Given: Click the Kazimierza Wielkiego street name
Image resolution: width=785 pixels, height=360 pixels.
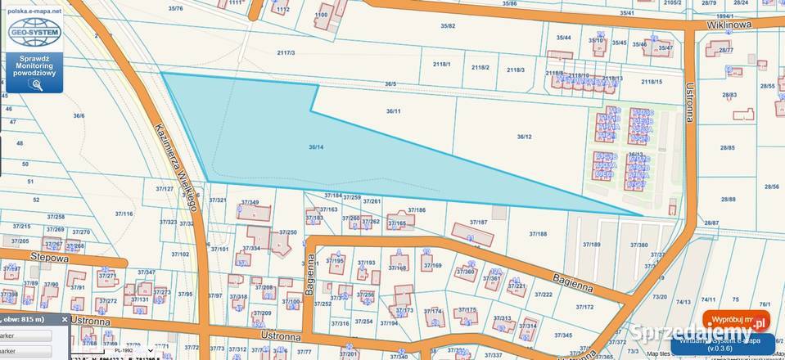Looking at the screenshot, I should (x=173, y=160).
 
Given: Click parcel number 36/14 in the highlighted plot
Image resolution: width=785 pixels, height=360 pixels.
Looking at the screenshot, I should (x=317, y=147).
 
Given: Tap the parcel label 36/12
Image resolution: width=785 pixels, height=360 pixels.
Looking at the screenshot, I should (x=525, y=137).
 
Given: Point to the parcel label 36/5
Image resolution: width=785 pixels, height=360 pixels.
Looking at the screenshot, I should (x=390, y=83).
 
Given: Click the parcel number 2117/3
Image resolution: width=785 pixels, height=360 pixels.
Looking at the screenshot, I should (x=286, y=52).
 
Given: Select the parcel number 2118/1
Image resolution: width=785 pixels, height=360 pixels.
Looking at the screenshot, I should (x=442, y=64).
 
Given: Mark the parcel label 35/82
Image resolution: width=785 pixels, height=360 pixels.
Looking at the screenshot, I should (x=448, y=26).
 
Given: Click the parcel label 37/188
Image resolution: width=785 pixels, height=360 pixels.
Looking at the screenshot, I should (x=538, y=234).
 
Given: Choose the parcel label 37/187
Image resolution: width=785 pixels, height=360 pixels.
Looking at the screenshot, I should (x=479, y=222).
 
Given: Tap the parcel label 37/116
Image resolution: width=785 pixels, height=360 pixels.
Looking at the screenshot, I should (x=124, y=214).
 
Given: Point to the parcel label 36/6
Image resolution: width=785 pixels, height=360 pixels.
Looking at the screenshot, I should (x=79, y=116).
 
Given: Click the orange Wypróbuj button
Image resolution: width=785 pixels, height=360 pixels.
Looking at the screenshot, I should (x=736, y=319).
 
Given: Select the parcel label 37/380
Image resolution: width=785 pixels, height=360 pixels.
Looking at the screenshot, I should (x=638, y=245).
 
